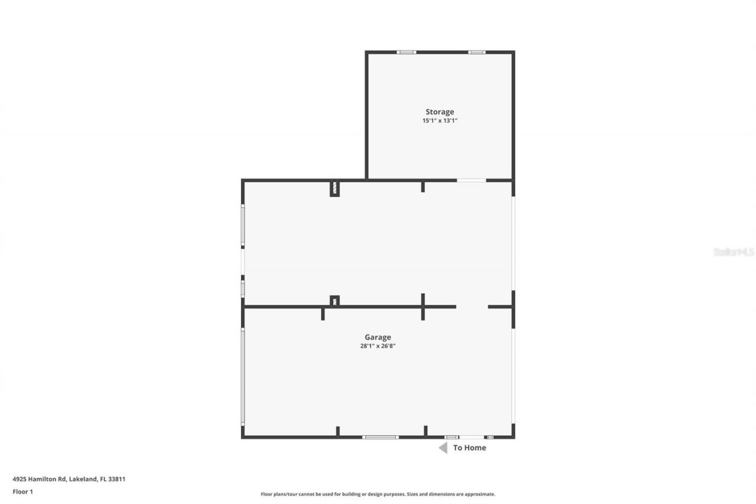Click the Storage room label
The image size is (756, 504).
pos(440,112)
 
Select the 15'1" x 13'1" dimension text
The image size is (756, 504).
pos(440,121)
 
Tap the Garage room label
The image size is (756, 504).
pos(377,337)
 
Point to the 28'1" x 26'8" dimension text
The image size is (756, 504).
pos(377,346)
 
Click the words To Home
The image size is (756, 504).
pos(470,448)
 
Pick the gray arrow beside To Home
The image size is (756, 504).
pos(443,448)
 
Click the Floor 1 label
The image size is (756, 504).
pos(22,491)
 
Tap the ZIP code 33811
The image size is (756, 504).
pos(116,479)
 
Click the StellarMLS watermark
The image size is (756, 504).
pos(734,252)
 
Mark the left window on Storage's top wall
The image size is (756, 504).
pos(406,52)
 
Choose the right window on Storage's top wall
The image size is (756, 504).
pos(477,52)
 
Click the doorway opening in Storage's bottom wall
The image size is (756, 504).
pos(471,180)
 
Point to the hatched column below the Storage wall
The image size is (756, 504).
pos(334,188)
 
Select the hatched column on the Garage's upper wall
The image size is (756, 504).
pos(334,301)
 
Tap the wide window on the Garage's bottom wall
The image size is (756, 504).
pos(380,437)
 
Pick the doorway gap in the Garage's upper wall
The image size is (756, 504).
pos(472,307)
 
